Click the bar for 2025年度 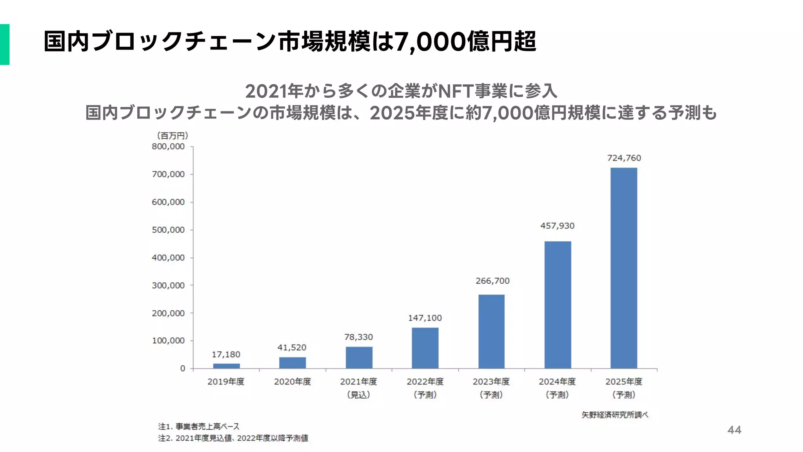(623, 268)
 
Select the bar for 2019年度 (226, 366)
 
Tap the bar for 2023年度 (491, 331)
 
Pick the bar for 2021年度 (359, 357)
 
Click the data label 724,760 (624, 158)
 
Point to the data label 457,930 (557, 226)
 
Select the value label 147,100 (425, 318)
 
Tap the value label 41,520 (292, 348)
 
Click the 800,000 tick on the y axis (168, 147)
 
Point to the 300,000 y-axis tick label (168, 286)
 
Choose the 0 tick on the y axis (182, 369)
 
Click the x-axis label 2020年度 (292, 382)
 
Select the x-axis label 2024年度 (557, 382)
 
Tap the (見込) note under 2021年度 (358, 395)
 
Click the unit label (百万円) (173, 136)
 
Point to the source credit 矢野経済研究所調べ (614, 415)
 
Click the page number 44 (734, 430)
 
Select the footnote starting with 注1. (199, 426)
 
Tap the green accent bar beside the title (5, 44)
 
